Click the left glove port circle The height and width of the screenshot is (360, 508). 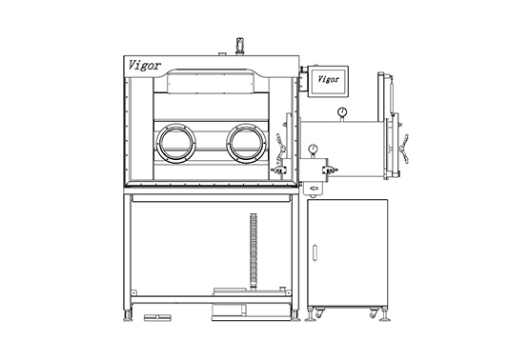(175, 144)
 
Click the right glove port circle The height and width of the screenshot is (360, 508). (245, 144)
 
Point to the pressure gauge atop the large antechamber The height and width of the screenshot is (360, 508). (339, 113)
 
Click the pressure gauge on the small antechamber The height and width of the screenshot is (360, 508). (312, 150)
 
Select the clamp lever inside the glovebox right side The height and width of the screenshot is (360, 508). (283, 147)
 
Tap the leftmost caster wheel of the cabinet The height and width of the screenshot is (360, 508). (317, 313)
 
